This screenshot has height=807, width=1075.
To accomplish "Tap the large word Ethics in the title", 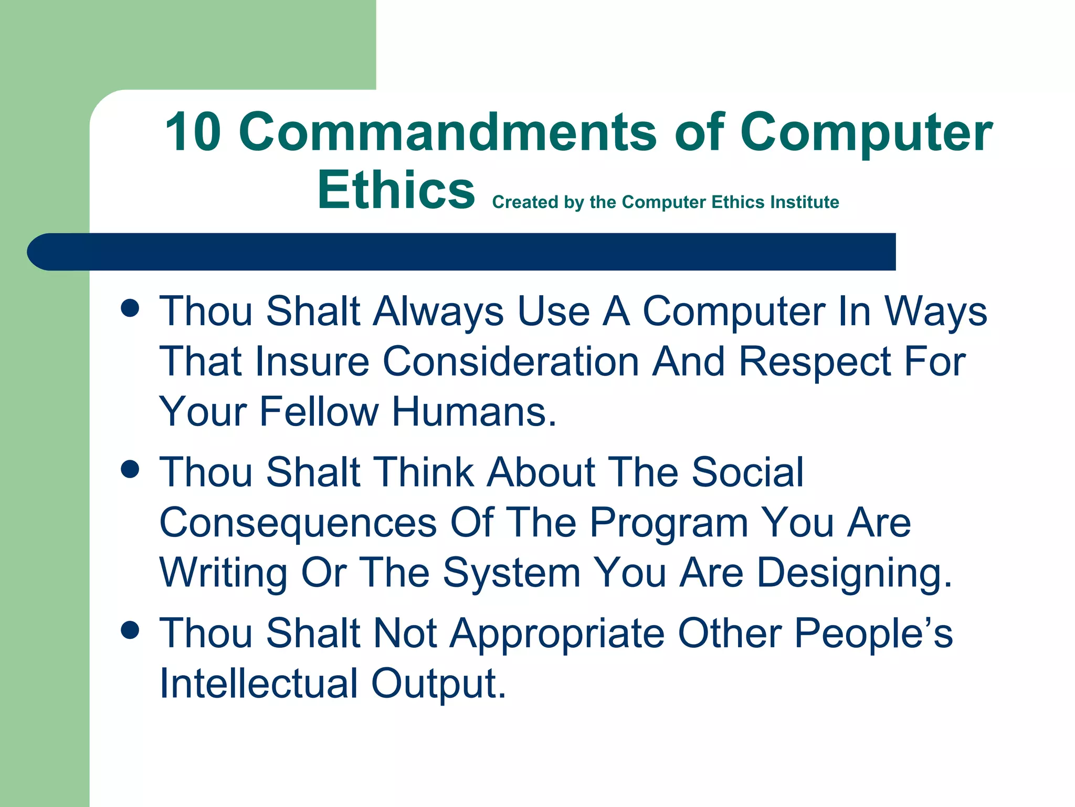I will tap(396, 190).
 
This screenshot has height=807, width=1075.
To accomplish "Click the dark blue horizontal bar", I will tap(462, 252).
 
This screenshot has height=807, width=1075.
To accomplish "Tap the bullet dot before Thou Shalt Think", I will tap(130, 469).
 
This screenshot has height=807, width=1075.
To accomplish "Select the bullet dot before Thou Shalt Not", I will tap(130, 629).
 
